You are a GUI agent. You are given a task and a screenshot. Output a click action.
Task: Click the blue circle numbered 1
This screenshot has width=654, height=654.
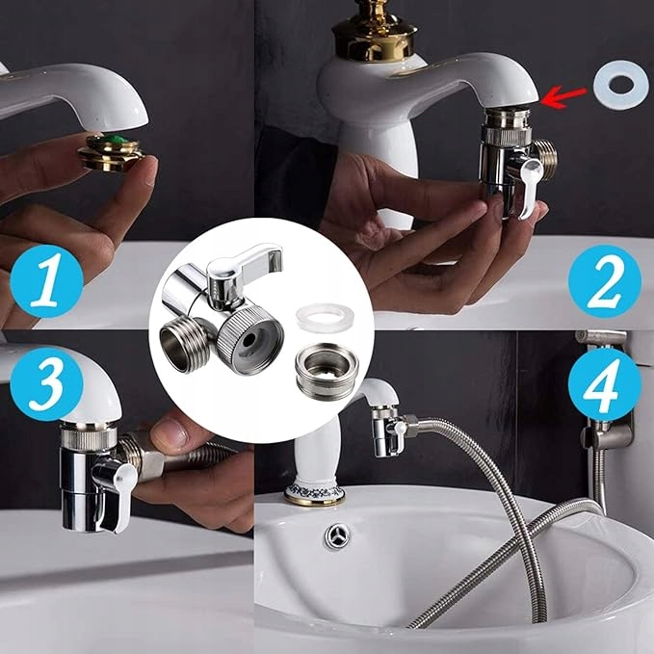pos(46,281)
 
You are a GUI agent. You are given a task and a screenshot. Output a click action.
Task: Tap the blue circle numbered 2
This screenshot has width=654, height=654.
pos(604,281)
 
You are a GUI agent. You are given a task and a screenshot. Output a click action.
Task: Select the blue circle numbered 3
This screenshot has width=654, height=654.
pos(46,383)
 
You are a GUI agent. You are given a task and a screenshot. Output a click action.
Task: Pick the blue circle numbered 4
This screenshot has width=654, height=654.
pos(604,383)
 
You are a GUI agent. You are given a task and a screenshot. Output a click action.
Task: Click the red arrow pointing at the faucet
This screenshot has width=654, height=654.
pos(563,96)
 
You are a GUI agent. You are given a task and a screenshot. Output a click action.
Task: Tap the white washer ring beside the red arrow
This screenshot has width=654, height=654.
pos(621,85)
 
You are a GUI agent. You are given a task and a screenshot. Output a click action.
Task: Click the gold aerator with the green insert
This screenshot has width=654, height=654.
pos(112,152)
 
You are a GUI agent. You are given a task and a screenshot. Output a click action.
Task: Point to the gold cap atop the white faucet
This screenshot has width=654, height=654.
pos(374,31)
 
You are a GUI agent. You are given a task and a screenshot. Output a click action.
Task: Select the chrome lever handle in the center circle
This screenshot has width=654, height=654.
pos(244,266)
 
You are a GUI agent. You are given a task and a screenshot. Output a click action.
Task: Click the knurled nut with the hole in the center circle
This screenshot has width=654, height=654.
pos(250,339)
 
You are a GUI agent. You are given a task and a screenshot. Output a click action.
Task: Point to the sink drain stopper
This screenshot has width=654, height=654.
pos(337,536)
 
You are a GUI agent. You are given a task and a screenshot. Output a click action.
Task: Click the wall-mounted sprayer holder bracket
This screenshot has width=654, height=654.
pos(608,429)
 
